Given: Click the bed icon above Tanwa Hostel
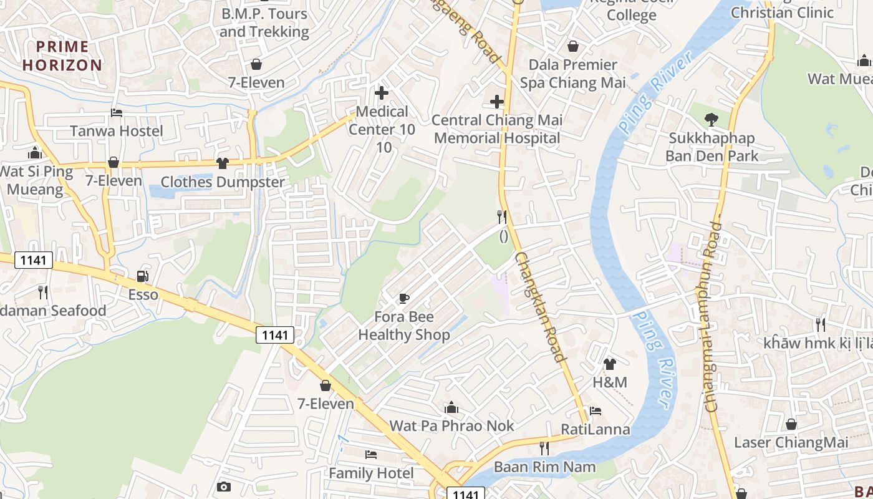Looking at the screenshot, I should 117,113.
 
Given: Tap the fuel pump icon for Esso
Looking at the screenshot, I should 143,276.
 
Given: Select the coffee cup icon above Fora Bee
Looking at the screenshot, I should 404,298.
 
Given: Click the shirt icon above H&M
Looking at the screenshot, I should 609,364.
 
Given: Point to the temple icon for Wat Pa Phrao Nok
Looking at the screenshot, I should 451,408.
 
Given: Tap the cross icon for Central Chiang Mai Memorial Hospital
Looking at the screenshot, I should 497,101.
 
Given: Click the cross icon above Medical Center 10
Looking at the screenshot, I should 381,93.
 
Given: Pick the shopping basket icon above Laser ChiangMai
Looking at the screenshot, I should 791,424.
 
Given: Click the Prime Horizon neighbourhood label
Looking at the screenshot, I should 62,56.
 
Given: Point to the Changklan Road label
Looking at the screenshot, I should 540,307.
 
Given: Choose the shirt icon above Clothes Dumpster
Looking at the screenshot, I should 222,163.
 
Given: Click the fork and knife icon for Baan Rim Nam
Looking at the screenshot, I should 544,448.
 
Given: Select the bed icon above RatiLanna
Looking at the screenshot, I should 596,411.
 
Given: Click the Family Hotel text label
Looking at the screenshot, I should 371,473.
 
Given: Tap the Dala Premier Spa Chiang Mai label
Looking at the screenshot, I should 572,74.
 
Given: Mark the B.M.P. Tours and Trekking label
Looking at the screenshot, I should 264,22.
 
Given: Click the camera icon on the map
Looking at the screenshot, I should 224,487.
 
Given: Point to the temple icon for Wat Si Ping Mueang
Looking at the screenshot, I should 35,153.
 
